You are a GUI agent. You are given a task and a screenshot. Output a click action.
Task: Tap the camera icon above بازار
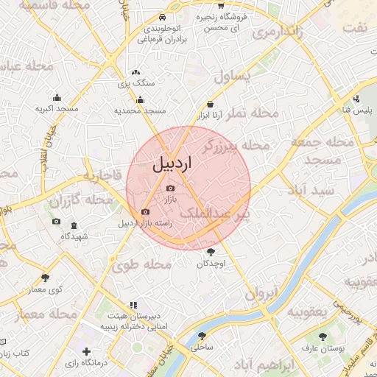pos(171,188)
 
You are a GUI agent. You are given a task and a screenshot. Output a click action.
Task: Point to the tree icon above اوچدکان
pos(212,252)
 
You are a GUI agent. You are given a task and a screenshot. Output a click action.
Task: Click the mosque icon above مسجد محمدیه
pos(140,100)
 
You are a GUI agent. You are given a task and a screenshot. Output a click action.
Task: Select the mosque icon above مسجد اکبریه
pos(57,97)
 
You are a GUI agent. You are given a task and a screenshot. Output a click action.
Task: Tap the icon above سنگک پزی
pos(135,73)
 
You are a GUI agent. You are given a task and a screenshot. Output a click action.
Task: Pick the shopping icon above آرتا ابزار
pos(211,104)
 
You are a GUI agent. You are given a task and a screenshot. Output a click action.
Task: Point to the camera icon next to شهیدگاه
pos(57,222)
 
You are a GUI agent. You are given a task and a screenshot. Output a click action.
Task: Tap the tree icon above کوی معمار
pos(46,278)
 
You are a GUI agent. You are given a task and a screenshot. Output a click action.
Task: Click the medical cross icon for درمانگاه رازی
pos(87,352)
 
